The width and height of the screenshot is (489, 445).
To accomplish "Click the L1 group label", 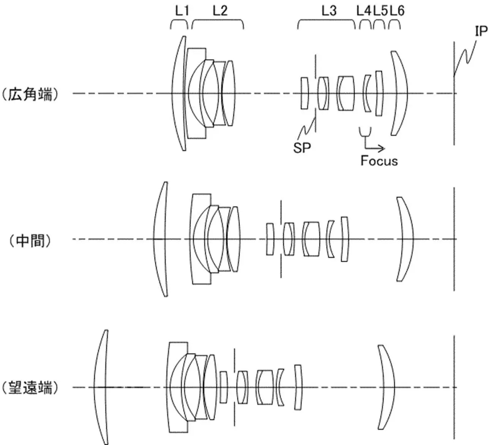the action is click(x=182, y=11).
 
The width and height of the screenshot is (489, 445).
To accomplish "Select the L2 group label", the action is click(x=220, y=11).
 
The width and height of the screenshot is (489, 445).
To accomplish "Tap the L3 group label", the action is click(x=329, y=11).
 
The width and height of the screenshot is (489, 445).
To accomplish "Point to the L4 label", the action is click(x=364, y=11).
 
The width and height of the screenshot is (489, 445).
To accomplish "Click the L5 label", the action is click(x=380, y=11).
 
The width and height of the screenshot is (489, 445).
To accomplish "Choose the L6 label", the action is click(x=397, y=11).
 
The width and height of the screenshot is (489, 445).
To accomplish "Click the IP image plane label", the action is click(x=481, y=31).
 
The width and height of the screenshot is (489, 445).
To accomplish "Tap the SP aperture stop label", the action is click(x=302, y=148).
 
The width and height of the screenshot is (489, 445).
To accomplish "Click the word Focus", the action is click(x=379, y=161).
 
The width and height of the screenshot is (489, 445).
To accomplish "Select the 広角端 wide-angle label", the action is click(x=30, y=94).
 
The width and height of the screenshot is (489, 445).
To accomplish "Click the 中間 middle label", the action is click(x=30, y=241).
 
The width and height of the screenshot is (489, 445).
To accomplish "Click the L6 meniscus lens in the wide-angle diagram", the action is click(x=402, y=93).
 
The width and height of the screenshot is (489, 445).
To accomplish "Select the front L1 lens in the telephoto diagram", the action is click(x=101, y=387).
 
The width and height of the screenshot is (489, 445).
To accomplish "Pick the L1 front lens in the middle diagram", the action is click(x=160, y=239).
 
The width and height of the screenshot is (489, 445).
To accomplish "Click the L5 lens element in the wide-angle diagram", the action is click(x=379, y=93).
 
